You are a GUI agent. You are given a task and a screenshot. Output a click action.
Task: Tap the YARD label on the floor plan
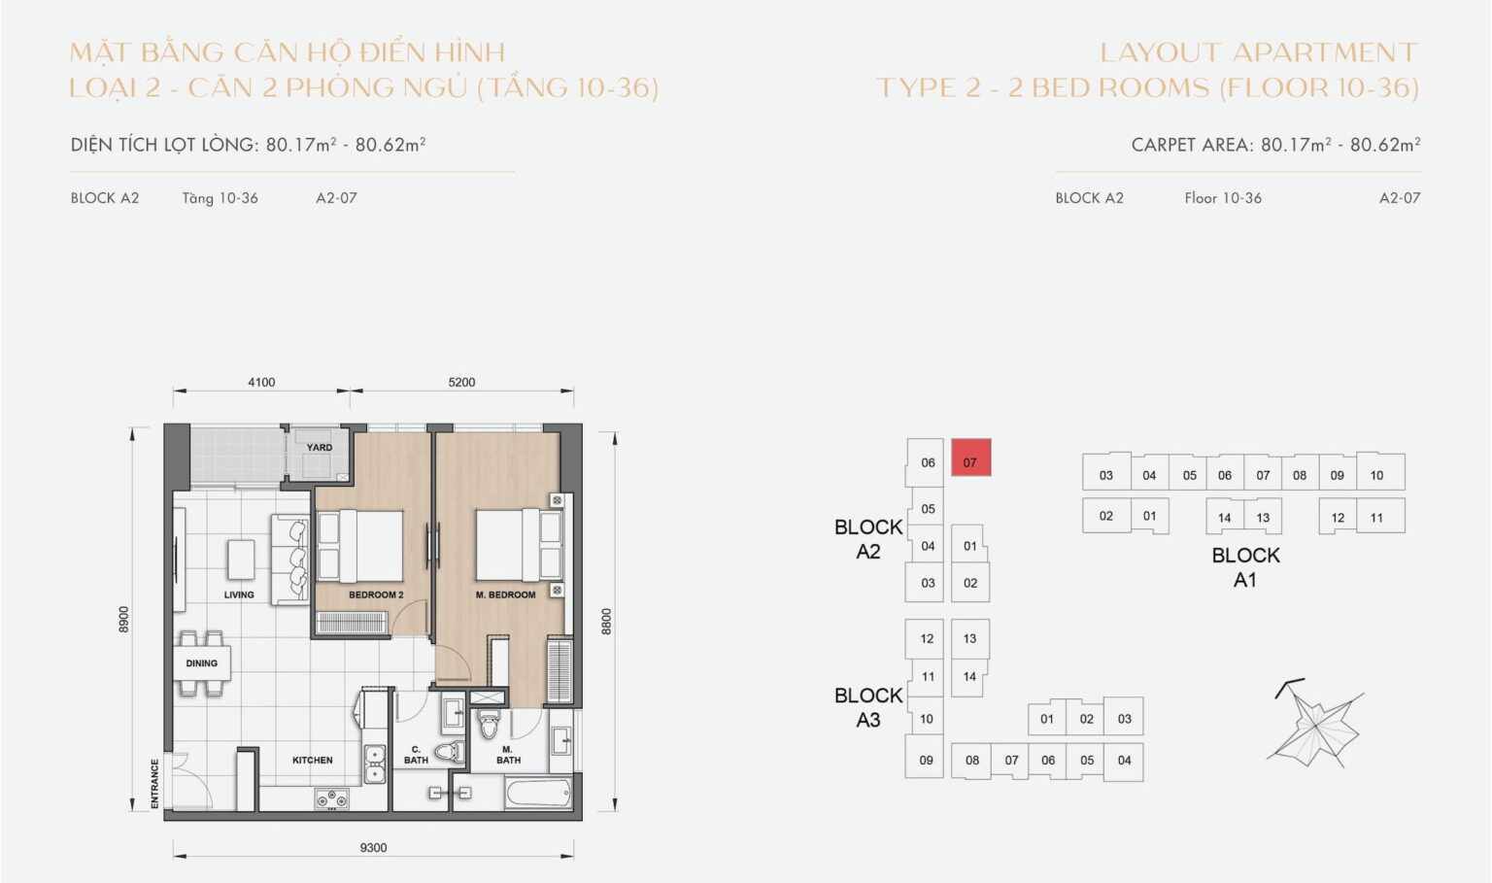coord(320,448)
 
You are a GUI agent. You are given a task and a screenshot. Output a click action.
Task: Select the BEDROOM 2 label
coord(376,594)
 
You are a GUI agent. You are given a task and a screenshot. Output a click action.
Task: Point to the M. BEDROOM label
coord(505,594)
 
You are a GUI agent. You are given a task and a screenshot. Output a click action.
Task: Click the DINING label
coord(202,663)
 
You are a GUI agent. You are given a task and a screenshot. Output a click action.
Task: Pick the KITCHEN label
coord(313,761)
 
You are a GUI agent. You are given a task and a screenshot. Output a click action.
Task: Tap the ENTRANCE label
coord(154,783)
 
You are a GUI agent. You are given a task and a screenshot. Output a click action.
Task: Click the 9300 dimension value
coord(373,848)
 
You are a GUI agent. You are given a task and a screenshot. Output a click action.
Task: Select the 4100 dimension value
coord(261,383)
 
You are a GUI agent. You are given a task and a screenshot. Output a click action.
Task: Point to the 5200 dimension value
coord(461,383)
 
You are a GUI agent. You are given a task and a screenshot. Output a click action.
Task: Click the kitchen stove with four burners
coord(331,799)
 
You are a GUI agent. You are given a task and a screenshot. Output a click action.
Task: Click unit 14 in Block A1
coord(1224,518)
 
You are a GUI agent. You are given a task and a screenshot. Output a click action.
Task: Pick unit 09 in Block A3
coord(926,761)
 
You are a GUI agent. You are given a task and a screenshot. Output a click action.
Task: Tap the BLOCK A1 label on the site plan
coord(1245,567)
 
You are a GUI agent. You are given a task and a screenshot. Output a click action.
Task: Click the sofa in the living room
coord(292,560)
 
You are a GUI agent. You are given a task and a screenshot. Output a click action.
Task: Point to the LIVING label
coord(239,594)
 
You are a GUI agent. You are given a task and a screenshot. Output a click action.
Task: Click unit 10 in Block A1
coord(1376,475)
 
